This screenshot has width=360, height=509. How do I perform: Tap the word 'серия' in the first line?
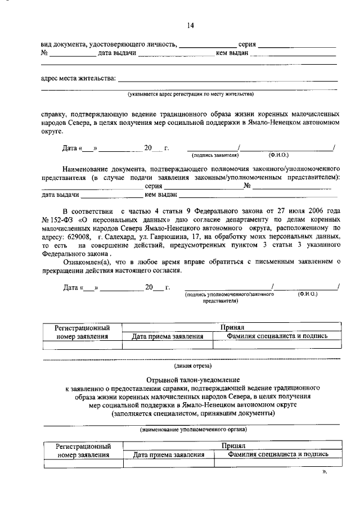point(247,44)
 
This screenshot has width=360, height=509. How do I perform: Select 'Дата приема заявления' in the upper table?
point(167,336)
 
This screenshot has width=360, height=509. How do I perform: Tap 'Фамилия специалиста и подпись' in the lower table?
point(276,454)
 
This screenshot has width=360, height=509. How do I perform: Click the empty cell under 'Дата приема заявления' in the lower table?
point(168,463)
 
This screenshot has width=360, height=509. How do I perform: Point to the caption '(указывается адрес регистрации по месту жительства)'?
point(191,93)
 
